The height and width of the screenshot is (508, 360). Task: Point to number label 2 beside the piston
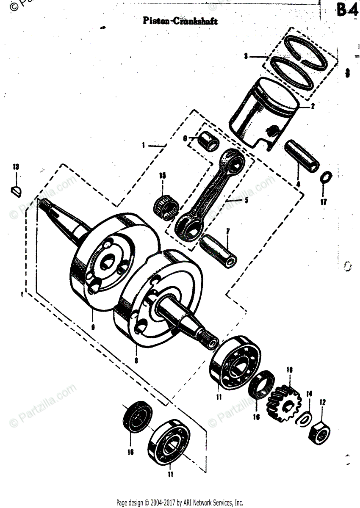(312, 107)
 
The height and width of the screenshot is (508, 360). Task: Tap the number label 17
(324, 202)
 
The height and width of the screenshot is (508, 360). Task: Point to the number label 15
(162, 175)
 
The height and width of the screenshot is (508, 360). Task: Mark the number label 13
(15, 167)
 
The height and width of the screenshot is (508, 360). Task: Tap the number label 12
(323, 402)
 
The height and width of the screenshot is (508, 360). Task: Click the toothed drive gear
(282, 402)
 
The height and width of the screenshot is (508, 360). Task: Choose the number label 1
(144, 145)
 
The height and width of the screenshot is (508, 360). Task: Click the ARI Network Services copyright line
(180, 502)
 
